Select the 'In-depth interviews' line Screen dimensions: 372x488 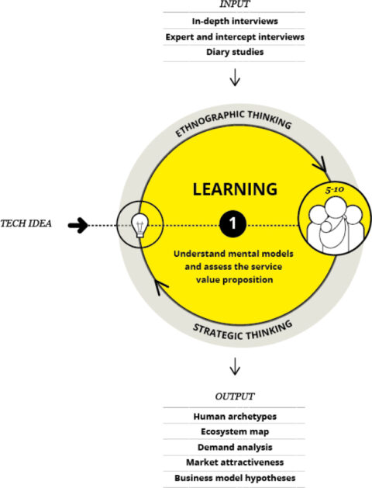click(x=235, y=21)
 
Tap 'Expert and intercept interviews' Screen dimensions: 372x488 click(x=235, y=37)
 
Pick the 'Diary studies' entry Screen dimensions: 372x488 click(x=235, y=52)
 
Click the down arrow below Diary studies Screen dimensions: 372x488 click(x=235, y=77)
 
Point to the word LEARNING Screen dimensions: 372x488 click(x=235, y=189)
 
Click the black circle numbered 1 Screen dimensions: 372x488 click(x=232, y=223)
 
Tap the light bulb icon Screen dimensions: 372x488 click(x=139, y=225)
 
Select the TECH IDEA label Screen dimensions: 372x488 click(x=26, y=223)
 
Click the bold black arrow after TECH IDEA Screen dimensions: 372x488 click(x=78, y=225)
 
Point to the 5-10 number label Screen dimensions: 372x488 click(x=334, y=190)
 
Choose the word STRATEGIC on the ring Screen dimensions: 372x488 click(x=218, y=332)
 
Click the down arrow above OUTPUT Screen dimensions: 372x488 click(x=235, y=366)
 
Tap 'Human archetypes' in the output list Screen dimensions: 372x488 click(x=235, y=417)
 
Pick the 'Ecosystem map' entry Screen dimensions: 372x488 click(x=235, y=431)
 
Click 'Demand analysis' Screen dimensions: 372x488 click(x=235, y=447)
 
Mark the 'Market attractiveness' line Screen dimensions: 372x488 click(x=235, y=462)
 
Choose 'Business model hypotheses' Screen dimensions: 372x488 click(x=235, y=478)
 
